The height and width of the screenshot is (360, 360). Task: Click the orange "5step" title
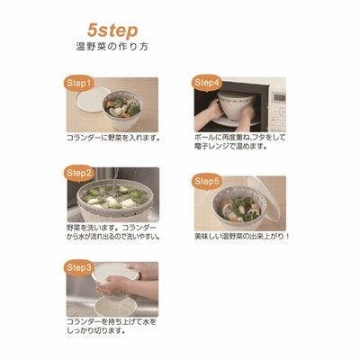pyautogui.click(x=112, y=31)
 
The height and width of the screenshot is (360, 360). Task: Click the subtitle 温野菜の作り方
pyautogui.click(x=112, y=48)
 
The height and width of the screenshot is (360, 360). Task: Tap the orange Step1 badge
pyautogui.click(x=78, y=83)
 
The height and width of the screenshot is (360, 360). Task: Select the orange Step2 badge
pyautogui.click(x=79, y=173)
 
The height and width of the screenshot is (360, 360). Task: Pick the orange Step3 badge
pyautogui.click(x=79, y=267)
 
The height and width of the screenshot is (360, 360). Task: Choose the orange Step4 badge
pyautogui.click(x=207, y=83)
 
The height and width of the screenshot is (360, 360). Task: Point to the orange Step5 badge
pyautogui.click(x=207, y=182)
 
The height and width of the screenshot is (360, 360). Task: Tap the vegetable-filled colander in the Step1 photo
pyautogui.click(x=122, y=110)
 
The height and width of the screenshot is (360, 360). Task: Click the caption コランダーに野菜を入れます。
pyautogui.click(x=112, y=138)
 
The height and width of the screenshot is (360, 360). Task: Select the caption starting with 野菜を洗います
pyautogui.click(x=112, y=232)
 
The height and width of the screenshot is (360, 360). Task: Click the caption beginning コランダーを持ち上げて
pyautogui.click(x=112, y=327)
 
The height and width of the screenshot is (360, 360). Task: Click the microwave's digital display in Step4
pyautogui.click(x=279, y=98)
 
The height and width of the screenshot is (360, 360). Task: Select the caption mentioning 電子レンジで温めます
pyautogui.click(x=240, y=142)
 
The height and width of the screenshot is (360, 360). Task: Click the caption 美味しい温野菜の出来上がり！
pyautogui.click(x=242, y=237)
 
